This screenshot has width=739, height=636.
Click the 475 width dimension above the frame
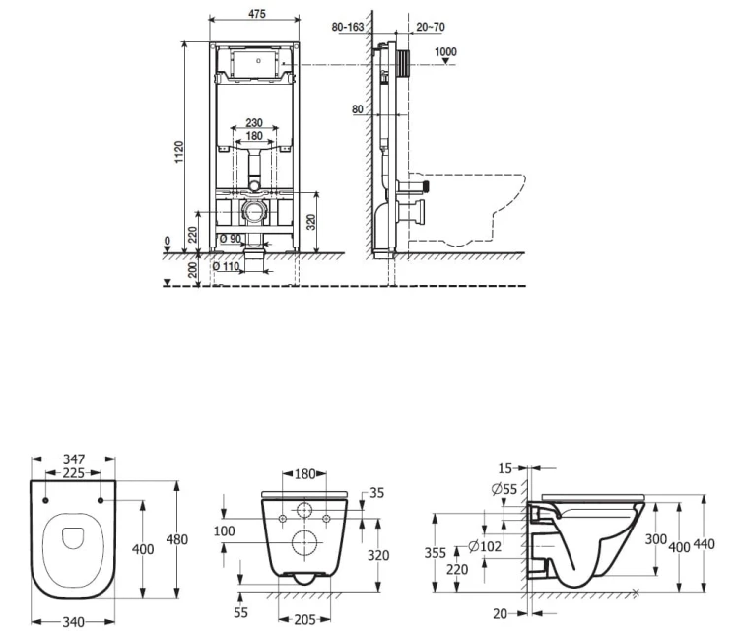click(257, 14)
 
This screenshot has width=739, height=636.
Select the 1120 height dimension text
click(179, 152)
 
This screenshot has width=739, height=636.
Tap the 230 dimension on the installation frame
click(254, 122)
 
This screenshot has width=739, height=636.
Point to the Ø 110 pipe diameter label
click(226, 266)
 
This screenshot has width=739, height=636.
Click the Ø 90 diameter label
click(230, 239)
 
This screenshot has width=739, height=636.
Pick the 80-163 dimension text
click(348, 27)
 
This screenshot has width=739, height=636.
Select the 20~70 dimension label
click(431, 27)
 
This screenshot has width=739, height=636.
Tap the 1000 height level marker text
click(445, 51)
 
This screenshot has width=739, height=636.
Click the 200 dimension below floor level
click(192, 270)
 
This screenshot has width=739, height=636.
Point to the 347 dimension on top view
click(74, 459)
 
